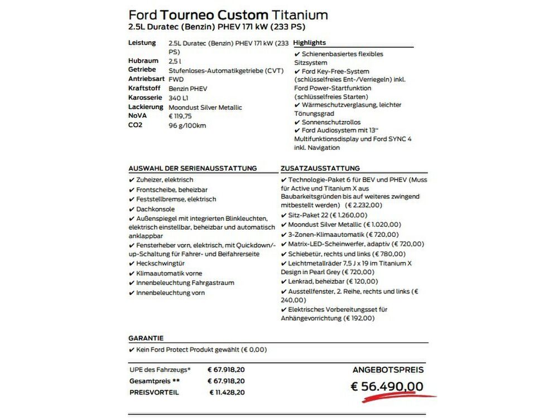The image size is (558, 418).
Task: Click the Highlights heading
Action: [309, 43]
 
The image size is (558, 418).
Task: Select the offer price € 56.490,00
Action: [386, 386]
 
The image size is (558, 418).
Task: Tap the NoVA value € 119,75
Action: [180, 116]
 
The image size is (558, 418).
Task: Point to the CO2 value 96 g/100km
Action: [187, 125]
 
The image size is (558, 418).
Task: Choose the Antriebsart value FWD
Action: [176, 79]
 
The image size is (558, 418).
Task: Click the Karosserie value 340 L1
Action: [179, 98]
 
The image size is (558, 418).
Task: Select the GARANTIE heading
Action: [146, 338]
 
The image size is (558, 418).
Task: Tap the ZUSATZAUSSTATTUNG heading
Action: [320, 168]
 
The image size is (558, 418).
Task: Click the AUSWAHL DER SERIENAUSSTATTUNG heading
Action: [193, 168]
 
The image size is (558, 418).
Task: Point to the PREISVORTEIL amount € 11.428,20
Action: [227, 392]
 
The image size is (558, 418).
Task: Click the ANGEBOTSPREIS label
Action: [388, 370]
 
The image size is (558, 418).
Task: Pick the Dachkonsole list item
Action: [155, 209]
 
